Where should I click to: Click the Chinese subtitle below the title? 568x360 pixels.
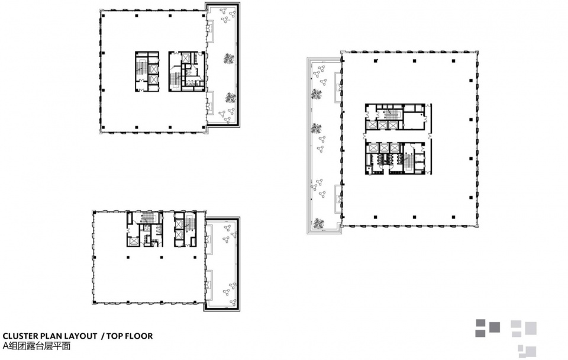point(36,346)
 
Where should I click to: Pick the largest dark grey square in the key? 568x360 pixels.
point(495,327)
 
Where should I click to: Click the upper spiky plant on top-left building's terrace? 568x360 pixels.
point(228,59)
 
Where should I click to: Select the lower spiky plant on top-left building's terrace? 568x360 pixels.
point(230,98)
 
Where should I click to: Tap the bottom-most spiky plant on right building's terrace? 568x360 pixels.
point(318,223)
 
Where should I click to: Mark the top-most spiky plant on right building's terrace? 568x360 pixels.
point(316,94)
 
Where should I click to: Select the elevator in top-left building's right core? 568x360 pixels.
point(186,57)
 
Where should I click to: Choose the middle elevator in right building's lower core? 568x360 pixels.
point(384,147)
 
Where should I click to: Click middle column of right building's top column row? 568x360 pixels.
point(414,61)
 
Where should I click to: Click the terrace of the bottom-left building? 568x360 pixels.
point(222,263)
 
